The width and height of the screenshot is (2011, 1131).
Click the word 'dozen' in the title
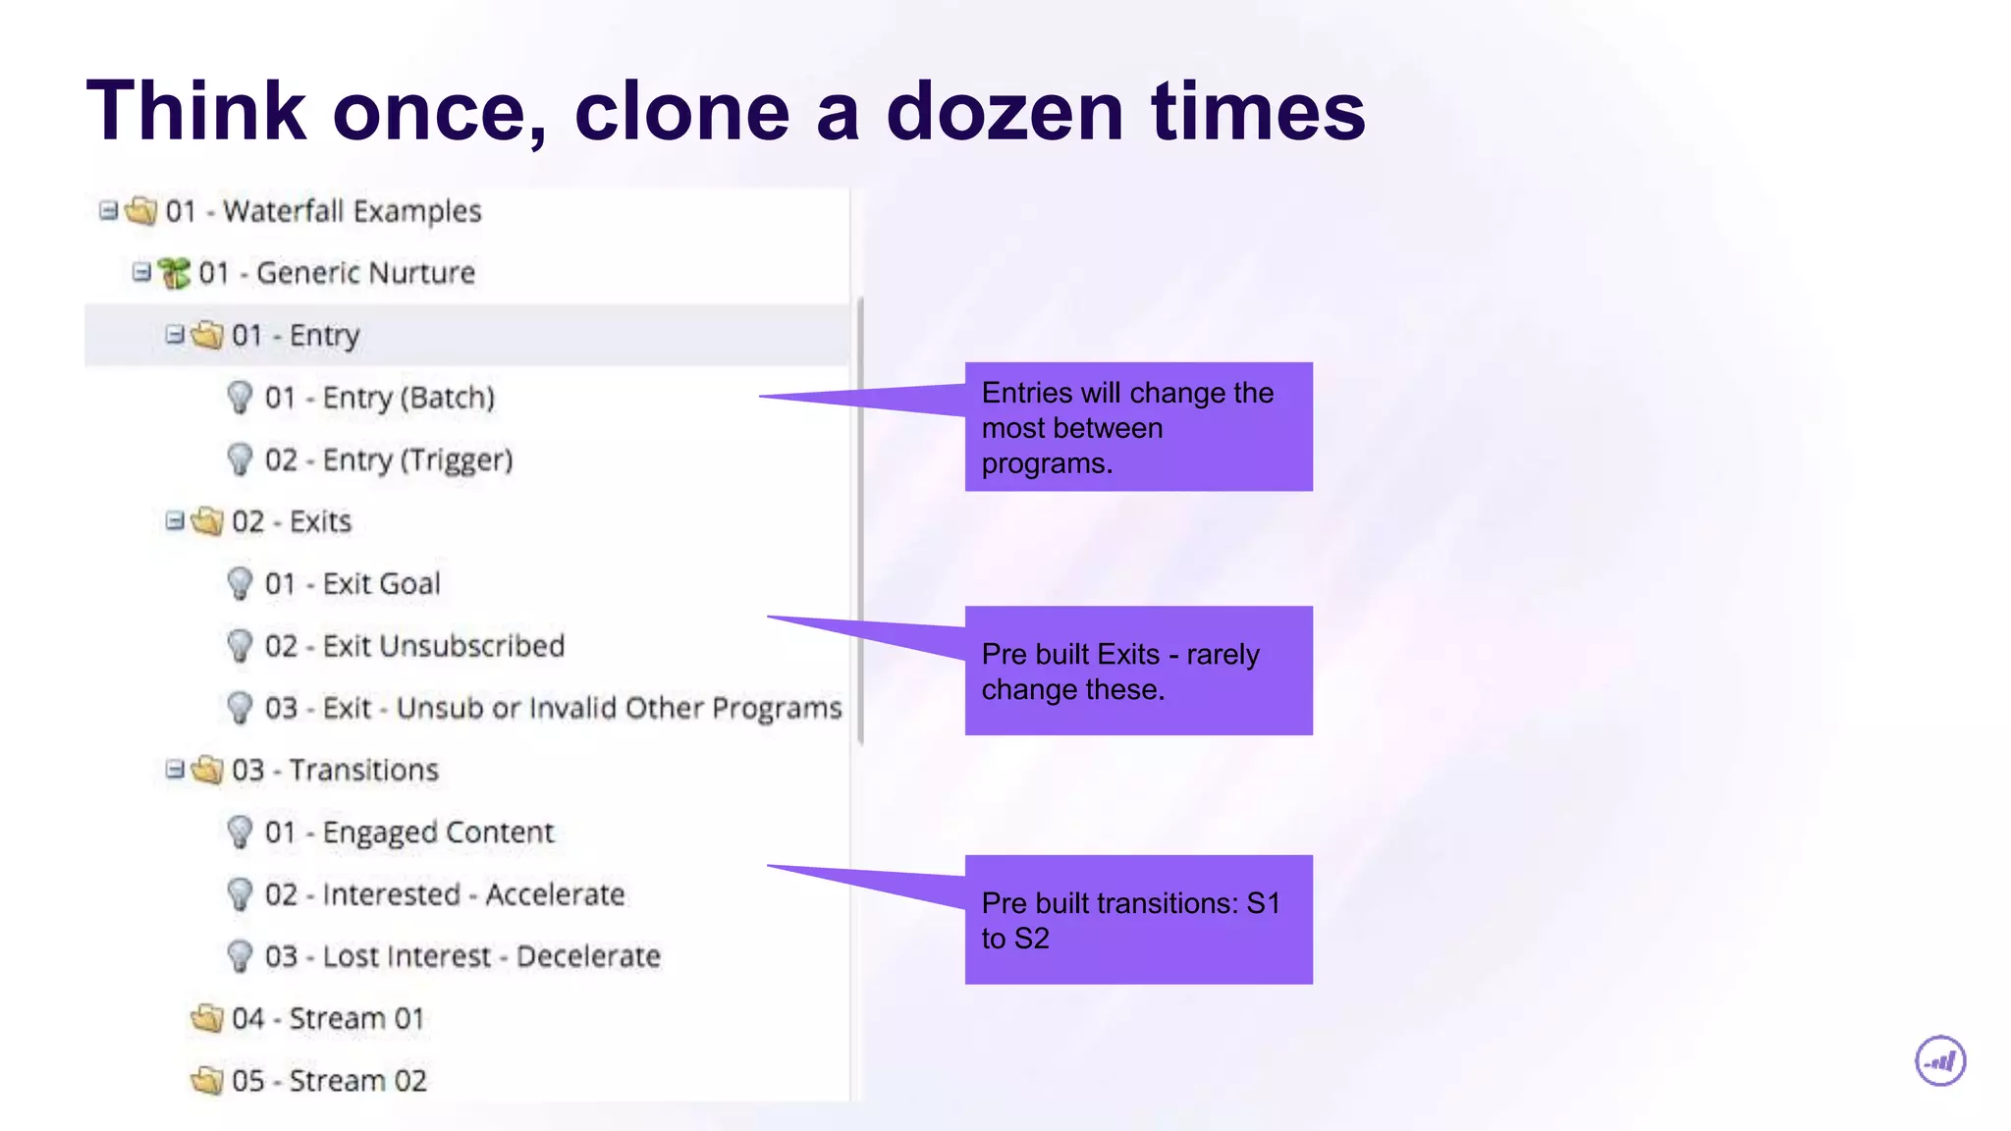click(x=1005, y=112)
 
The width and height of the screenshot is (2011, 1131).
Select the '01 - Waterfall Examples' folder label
click(x=323, y=211)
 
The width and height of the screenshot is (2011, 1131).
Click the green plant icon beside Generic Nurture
click(x=175, y=273)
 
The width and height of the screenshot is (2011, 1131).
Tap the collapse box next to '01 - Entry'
click(x=175, y=335)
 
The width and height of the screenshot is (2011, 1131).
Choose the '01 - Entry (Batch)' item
click(x=379, y=398)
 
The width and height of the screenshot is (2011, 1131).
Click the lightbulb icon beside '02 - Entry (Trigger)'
click(x=240, y=458)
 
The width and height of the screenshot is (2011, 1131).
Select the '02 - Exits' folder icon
click(x=207, y=521)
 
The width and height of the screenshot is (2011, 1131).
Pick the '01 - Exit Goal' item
click(x=352, y=584)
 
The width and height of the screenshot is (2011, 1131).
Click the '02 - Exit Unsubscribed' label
click(x=414, y=646)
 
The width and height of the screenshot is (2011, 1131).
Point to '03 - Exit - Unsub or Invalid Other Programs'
click(x=553, y=708)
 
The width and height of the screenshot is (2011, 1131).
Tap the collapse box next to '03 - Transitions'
click(x=175, y=770)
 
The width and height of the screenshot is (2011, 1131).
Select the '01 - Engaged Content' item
click(x=408, y=833)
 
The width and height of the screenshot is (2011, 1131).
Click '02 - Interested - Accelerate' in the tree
click(x=444, y=894)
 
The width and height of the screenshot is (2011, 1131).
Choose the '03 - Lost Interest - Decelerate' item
click(x=462, y=956)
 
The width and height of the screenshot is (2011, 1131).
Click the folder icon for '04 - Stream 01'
click(x=207, y=1018)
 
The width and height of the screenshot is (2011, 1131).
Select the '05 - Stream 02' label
click(x=329, y=1081)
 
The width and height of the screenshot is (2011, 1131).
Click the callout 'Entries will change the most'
click(x=1138, y=427)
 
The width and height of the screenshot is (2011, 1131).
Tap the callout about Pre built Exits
click(x=1138, y=671)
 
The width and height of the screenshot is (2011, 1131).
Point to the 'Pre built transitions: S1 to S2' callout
click(x=1138, y=920)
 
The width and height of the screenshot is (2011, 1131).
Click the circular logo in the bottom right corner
click(x=1940, y=1061)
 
